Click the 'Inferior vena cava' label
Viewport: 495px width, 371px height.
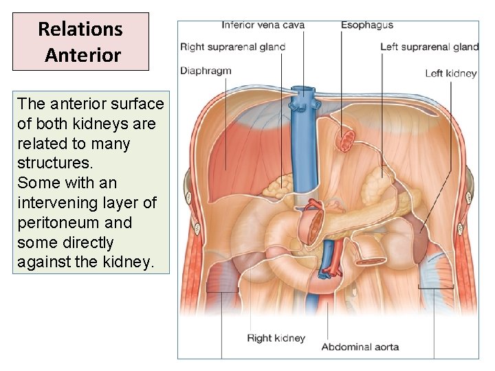[263, 25]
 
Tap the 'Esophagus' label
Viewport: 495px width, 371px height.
[367, 25]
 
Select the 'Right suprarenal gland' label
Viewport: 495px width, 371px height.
[232, 47]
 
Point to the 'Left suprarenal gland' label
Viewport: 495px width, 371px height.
[430, 47]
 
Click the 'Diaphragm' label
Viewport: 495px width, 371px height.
[206, 70]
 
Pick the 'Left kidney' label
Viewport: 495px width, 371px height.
[450, 74]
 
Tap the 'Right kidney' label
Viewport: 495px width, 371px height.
[276, 338]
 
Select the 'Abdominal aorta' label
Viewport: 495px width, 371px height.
[360, 346]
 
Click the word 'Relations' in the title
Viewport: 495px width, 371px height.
[80, 30]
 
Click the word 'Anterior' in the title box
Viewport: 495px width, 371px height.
[82, 55]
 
